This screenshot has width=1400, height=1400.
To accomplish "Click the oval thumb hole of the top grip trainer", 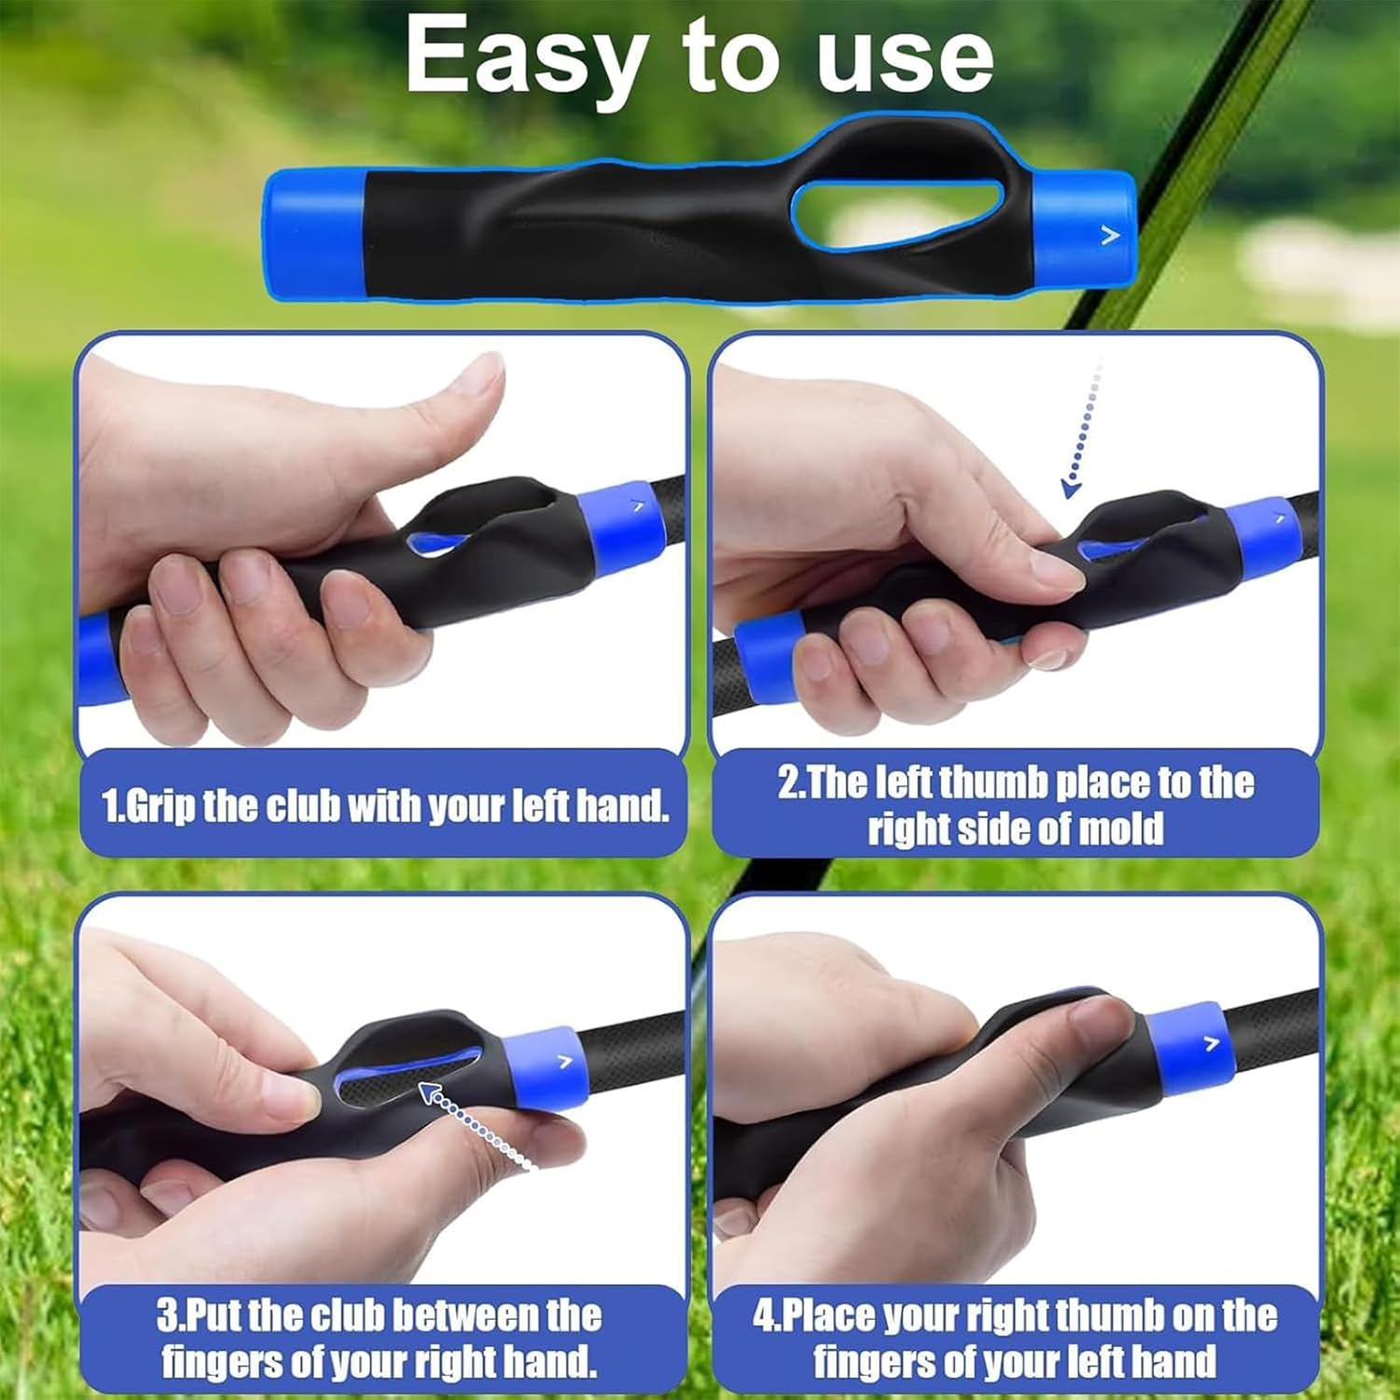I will click(897, 216).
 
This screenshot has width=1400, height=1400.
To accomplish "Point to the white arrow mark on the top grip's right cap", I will click(1110, 235).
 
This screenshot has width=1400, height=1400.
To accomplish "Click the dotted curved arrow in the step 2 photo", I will click(1083, 429).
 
